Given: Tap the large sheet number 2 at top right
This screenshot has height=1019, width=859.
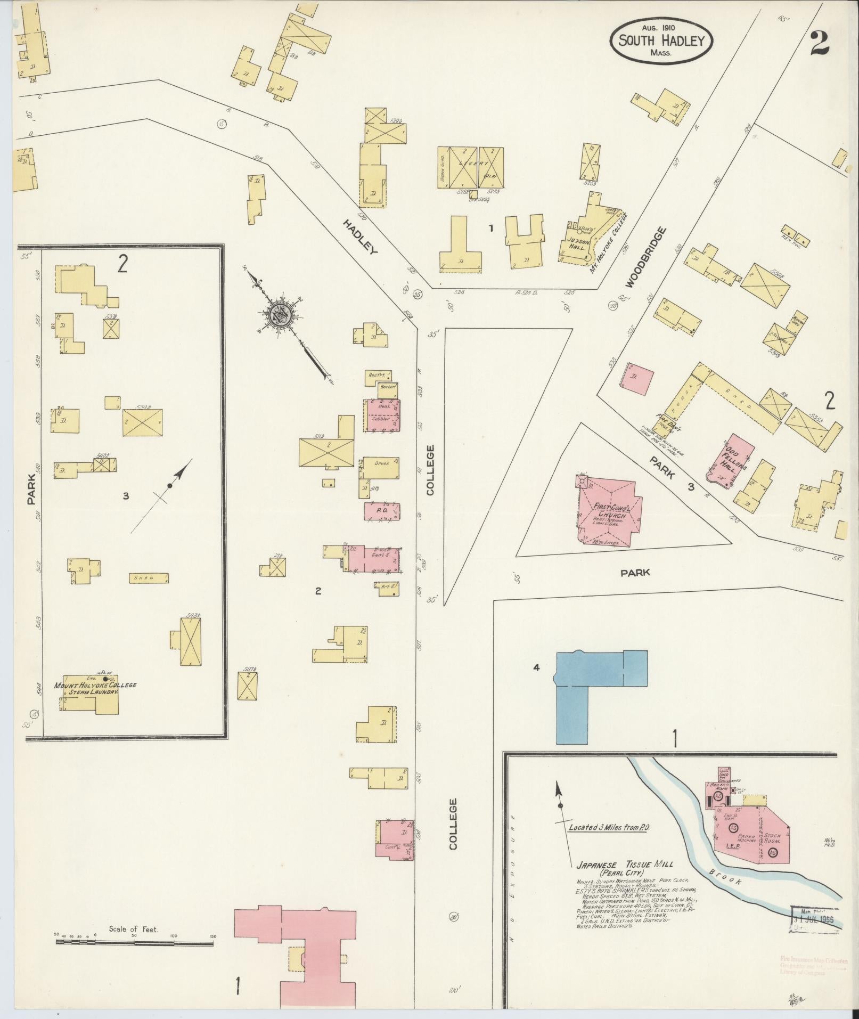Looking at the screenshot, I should (820, 43).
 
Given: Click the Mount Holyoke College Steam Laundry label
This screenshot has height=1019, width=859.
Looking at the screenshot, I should (95, 688).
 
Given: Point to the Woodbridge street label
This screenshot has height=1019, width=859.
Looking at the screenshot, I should (645, 257).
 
